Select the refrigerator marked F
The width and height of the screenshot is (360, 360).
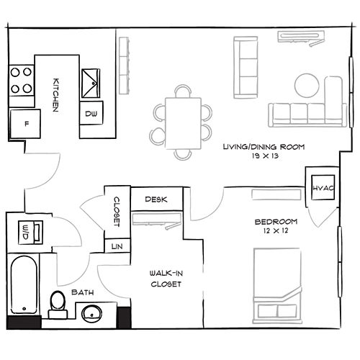point(27,123)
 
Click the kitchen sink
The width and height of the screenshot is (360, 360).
point(92,84)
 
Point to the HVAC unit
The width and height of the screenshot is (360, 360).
point(320,189)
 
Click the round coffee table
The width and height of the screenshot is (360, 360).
point(307,86)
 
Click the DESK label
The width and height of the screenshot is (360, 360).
point(156,199)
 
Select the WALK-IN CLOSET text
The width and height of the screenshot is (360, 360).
point(165,279)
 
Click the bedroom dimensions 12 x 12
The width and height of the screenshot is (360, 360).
point(276,231)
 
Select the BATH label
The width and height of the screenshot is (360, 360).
point(80,292)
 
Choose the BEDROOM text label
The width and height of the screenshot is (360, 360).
point(276,220)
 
